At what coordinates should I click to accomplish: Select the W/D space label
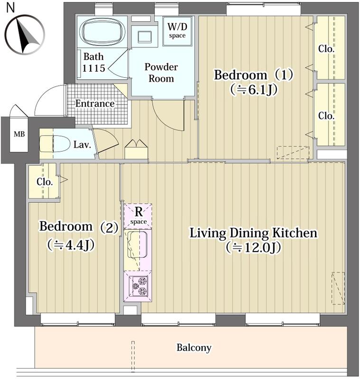coord(177,30)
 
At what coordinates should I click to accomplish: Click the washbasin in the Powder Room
coord(145,37)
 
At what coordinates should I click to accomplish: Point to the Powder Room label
coord(161,72)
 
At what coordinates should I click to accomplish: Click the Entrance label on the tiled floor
coord(95,104)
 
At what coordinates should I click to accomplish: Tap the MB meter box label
coord(19,134)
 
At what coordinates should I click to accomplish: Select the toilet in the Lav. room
coord(55,144)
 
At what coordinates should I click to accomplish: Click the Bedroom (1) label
coord(253,75)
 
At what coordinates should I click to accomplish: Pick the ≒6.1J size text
coord(254,90)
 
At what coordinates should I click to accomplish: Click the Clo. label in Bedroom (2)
coord(45,182)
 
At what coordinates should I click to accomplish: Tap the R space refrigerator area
coord(138,217)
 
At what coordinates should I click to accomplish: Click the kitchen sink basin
coord(137,245)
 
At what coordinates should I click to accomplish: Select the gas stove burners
coord(140,286)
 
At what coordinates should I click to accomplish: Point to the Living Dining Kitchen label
coord(253,233)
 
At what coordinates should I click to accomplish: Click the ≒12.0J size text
coord(253,247)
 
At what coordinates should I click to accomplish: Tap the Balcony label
coord(194,348)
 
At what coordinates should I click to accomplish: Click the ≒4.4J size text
coord(71,245)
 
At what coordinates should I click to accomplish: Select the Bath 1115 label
coord(93,63)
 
